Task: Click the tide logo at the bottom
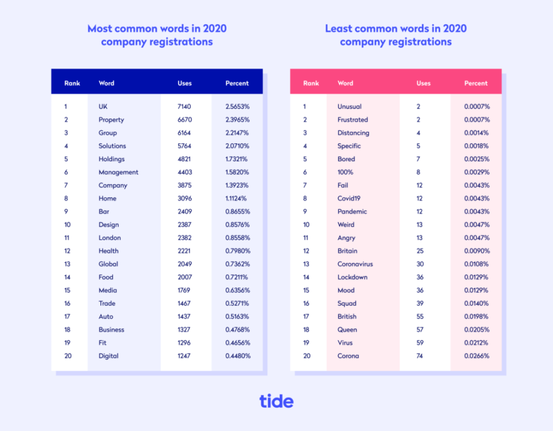point(276,401)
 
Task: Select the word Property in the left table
point(111,119)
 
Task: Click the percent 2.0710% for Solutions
point(238,146)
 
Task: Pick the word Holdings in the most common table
point(111,159)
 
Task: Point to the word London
point(109,238)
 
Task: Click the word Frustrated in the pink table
point(353,119)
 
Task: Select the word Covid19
point(349,199)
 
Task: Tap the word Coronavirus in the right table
point(355,264)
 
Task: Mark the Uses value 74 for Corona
point(420,356)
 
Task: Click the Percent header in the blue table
point(237,83)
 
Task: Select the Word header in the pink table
point(345,83)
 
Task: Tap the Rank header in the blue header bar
point(72,83)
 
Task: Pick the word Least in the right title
point(339,29)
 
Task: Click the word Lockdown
point(352,277)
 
